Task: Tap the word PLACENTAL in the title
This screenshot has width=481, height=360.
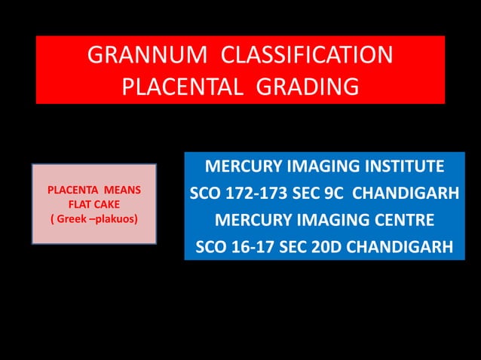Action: [184, 87]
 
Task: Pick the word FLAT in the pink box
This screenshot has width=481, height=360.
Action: [81, 204]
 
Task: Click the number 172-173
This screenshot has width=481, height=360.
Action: [258, 194]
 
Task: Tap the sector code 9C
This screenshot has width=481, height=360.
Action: [332, 194]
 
